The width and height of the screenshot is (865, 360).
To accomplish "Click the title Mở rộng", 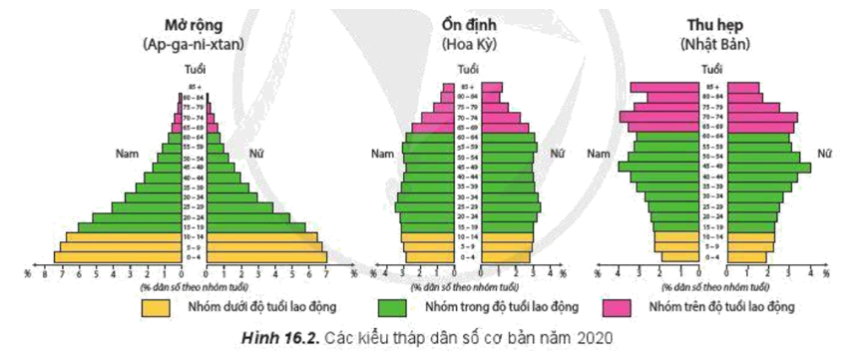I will point(195,25).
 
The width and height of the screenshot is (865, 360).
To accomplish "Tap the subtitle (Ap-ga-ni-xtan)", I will point(195,45).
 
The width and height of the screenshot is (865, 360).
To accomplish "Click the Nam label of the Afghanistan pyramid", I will point(127,155).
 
